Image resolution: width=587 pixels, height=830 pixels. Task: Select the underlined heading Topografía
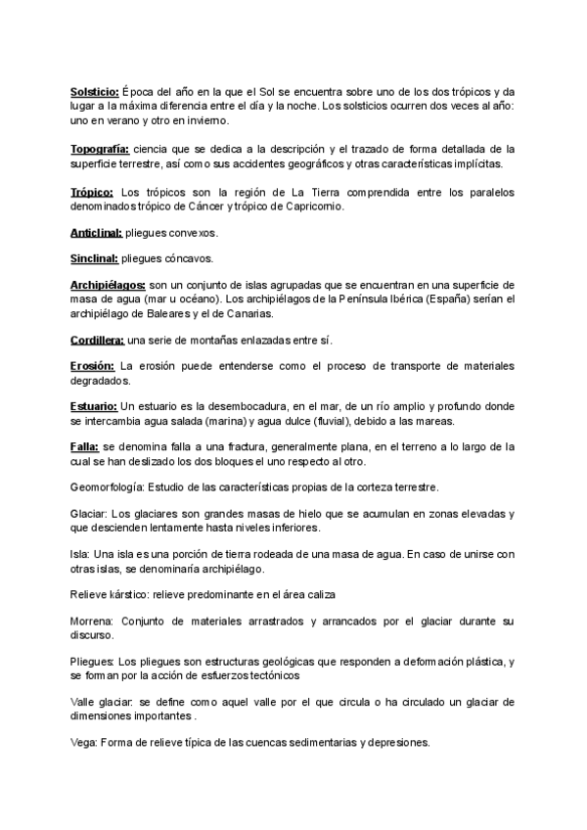click(98, 148)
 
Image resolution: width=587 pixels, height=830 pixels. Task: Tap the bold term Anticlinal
click(96, 234)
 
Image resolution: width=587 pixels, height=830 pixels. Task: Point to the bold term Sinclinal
click(94, 258)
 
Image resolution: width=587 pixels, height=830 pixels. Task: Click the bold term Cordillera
click(97, 340)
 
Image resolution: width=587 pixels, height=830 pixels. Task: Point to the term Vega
click(82, 743)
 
